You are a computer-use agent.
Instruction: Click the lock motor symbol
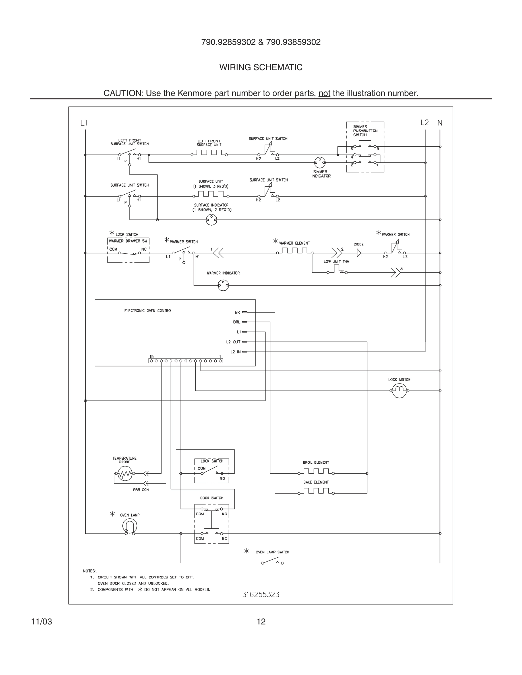click(399, 391)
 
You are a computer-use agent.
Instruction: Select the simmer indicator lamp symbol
click(320, 163)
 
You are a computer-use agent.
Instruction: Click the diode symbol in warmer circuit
click(359, 253)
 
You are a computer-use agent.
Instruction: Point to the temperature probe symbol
click(125, 474)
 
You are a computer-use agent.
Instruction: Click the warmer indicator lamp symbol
click(223, 285)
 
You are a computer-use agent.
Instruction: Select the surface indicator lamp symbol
click(212, 220)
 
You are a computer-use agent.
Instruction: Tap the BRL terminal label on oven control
click(237, 322)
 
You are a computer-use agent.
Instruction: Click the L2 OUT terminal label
click(233, 342)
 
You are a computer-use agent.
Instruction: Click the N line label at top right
click(440, 123)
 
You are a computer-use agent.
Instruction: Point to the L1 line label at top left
click(84, 123)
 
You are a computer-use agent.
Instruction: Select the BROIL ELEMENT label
click(316, 463)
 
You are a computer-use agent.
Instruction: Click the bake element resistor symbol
click(316, 491)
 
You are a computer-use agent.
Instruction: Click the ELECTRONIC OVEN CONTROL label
click(148, 311)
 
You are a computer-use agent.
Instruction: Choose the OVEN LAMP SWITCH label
click(272, 552)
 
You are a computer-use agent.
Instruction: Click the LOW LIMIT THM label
click(336, 261)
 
